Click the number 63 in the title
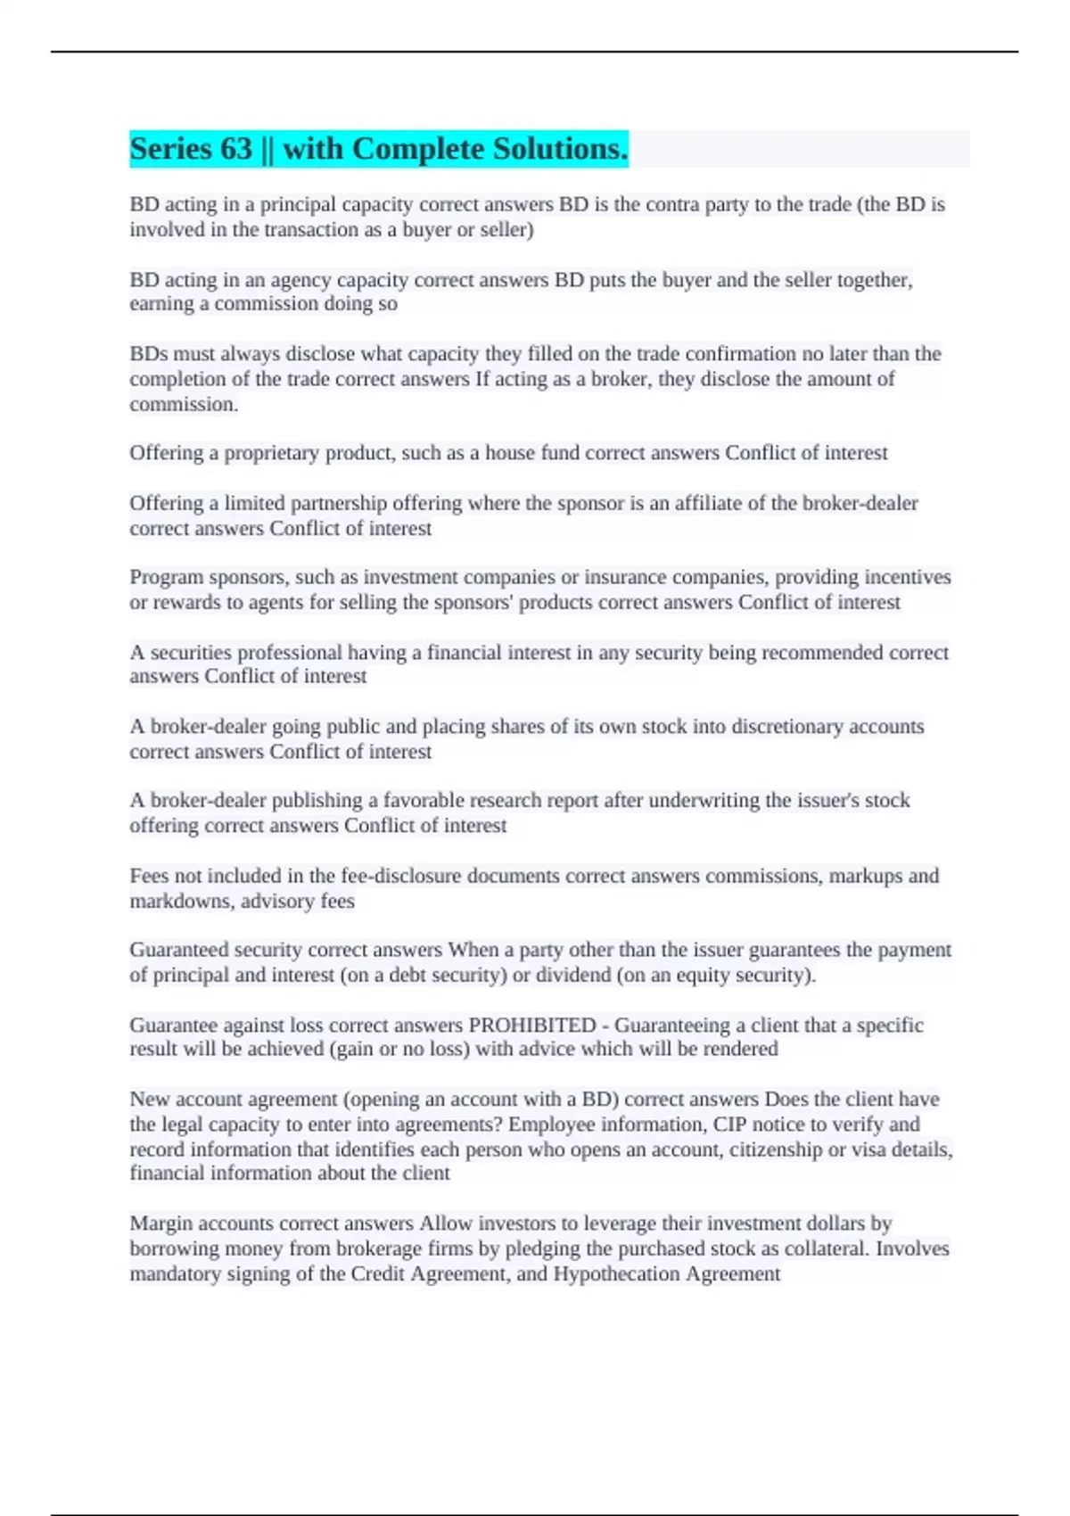[236, 149]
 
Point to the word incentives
[906, 577]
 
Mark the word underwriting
[704, 800]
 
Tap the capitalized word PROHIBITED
[532, 1026]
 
